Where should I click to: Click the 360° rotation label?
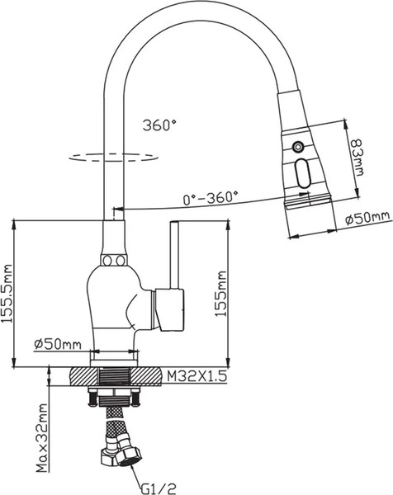point(159,125)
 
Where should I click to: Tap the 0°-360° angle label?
point(211,198)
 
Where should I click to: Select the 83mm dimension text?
point(357,157)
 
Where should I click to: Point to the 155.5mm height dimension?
point(7,293)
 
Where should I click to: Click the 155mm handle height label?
point(220,293)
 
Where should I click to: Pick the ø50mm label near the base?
point(58,344)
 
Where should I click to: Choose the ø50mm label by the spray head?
point(368,218)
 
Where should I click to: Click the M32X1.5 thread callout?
point(196,376)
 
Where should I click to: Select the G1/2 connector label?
point(158,488)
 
